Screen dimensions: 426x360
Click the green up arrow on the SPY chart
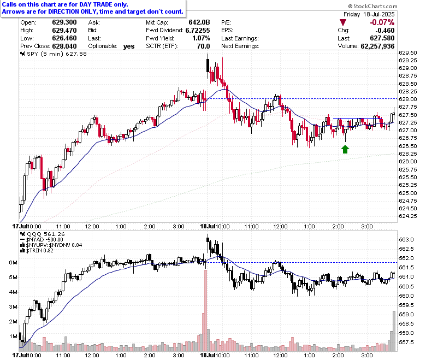(x=345, y=149)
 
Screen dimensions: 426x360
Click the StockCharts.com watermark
(x=372, y=6)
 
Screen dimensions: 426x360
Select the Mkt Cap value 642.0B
(x=199, y=22)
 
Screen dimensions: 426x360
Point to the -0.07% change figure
(x=382, y=22)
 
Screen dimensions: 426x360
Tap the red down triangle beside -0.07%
(x=343, y=22)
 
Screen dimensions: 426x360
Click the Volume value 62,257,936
(x=377, y=46)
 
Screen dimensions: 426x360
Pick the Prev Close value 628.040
(x=64, y=46)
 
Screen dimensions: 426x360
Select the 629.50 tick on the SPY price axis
(x=407, y=52)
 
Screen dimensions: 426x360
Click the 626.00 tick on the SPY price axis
(x=407, y=161)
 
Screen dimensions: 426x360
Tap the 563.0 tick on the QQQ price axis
(x=406, y=240)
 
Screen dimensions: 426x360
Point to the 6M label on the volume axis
(x=13, y=263)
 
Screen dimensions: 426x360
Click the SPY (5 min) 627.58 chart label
(x=54, y=54)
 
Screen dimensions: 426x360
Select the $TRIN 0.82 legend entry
(x=37, y=251)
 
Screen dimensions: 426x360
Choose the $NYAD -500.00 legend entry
(x=42, y=240)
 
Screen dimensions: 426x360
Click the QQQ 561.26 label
(x=43, y=234)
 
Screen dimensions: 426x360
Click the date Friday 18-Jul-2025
(x=369, y=14)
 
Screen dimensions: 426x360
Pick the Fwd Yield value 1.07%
(x=201, y=38)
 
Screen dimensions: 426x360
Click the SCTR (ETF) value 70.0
(x=204, y=46)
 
